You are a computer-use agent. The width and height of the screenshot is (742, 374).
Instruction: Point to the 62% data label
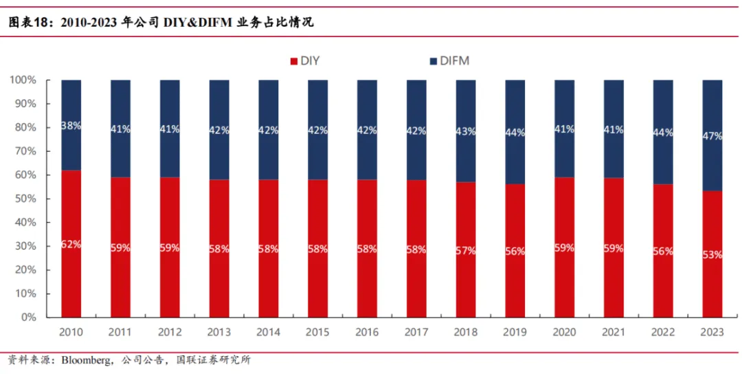pyautogui.click(x=71, y=243)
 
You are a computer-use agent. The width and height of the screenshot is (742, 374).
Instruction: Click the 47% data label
pyautogui.click(x=712, y=136)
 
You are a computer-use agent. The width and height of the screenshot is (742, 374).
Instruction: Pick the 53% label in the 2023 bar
pyautogui.click(x=712, y=254)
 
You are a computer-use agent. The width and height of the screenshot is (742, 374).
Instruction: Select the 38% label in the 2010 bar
pyautogui.click(x=71, y=126)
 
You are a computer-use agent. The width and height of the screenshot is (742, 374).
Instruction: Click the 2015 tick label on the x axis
pyautogui.click(x=317, y=332)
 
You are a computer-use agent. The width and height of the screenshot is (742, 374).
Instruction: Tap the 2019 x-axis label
pyautogui.click(x=515, y=332)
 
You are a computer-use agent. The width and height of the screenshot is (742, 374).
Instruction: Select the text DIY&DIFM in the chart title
pyautogui.click(x=196, y=22)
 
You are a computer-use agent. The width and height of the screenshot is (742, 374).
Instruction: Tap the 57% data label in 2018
pyautogui.click(x=465, y=250)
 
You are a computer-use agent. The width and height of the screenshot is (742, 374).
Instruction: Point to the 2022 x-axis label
pyautogui.click(x=663, y=332)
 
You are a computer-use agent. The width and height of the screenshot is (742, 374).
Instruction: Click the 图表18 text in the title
pyautogui.click(x=30, y=22)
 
